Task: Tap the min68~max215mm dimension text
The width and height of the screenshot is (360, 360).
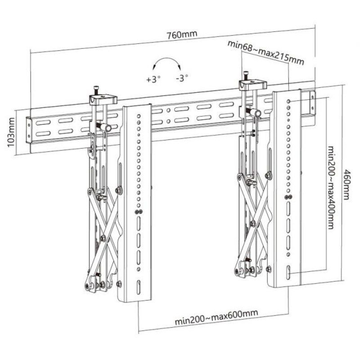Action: pos(265,52)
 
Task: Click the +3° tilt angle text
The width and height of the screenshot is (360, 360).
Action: pos(153,79)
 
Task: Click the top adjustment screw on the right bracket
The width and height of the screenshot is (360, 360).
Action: pos(246,74)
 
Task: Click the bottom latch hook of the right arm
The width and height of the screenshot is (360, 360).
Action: pos(237,271)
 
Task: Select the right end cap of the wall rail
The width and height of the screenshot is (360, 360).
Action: pos(312,102)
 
